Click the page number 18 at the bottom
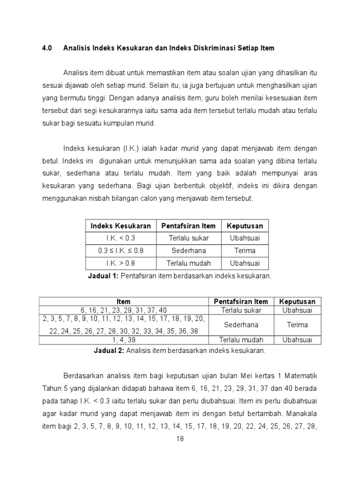(x=180, y=439)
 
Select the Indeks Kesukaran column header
(x=120, y=226)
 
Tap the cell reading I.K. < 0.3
(x=120, y=238)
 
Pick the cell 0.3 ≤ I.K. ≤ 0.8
(x=120, y=251)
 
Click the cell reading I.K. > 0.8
(x=120, y=263)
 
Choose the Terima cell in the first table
(x=245, y=251)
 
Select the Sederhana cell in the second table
(x=241, y=325)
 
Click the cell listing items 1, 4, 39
(x=124, y=340)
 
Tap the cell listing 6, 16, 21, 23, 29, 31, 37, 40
(x=124, y=310)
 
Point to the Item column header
(x=124, y=301)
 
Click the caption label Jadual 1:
(x=103, y=276)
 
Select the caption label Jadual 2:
(x=109, y=350)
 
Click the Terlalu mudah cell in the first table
(x=190, y=263)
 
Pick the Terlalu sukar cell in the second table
(x=241, y=310)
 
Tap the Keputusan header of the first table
(x=245, y=226)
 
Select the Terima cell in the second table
(x=297, y=325)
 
